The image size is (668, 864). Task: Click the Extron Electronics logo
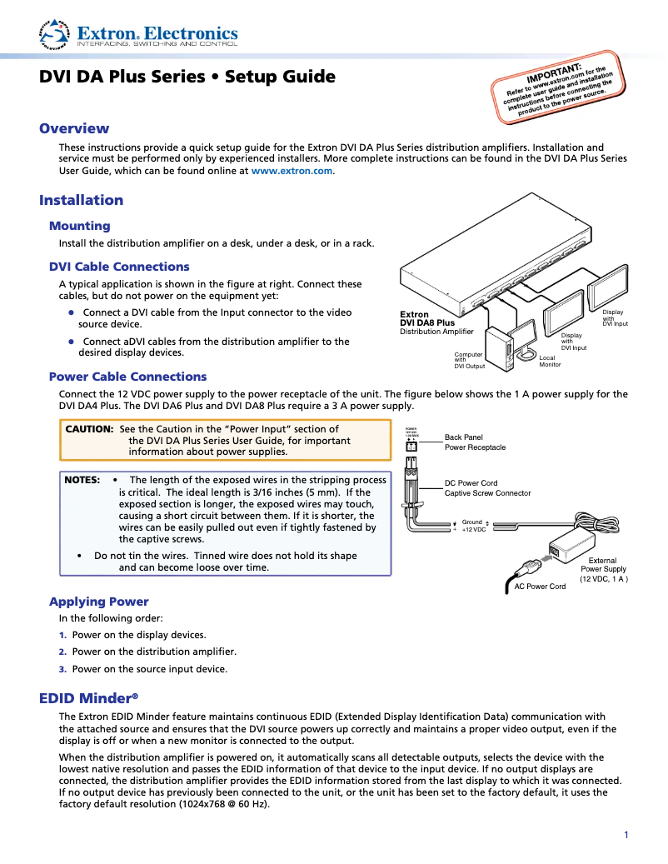139,34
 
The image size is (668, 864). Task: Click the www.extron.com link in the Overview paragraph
292,170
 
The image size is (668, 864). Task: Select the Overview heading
74,128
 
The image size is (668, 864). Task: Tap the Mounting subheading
79,226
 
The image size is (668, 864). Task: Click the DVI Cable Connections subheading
119,267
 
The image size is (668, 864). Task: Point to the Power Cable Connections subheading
127,377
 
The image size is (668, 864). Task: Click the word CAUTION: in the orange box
89,428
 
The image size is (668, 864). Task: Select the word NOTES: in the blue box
82,480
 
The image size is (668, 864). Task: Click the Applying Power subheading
98,602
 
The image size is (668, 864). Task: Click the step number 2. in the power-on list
62,652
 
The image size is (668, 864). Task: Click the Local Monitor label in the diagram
551,362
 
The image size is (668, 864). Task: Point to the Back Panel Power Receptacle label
475,442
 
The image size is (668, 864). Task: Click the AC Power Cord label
540,587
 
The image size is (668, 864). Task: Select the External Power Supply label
604,566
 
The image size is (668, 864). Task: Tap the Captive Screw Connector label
487,493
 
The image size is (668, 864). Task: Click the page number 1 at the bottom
626,835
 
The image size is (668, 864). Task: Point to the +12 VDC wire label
474,530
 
